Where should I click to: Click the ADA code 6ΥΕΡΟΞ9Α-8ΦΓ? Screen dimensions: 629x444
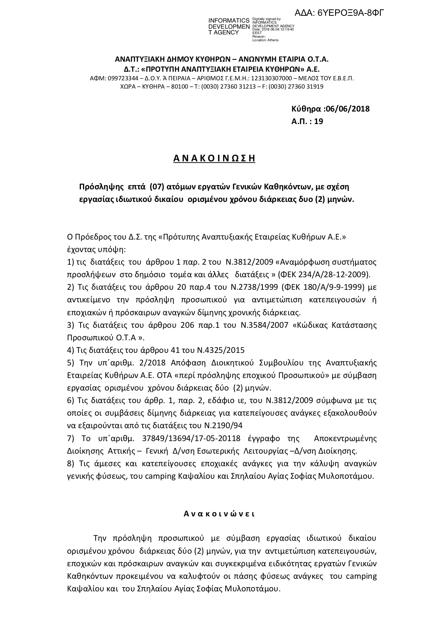click(339, 13)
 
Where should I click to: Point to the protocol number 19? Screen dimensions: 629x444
click(319, 122)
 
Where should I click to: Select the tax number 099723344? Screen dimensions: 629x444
click(122, 78)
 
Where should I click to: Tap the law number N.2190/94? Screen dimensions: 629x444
click(219, 426)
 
